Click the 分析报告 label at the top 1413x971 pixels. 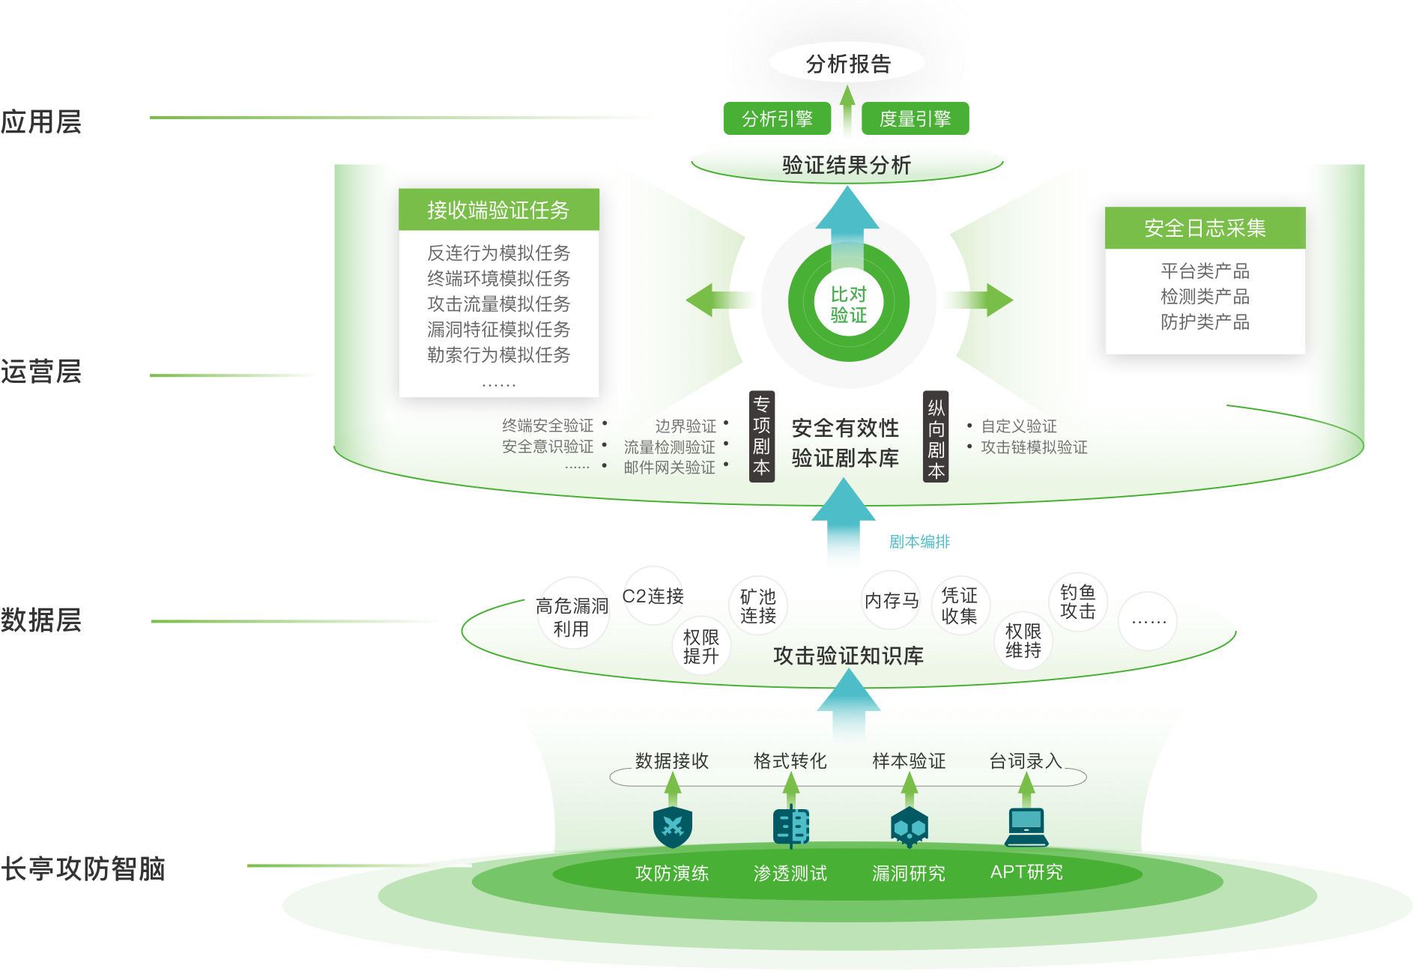coord(848,64)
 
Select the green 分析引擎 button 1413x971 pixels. coord(777,118)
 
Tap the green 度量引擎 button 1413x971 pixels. coord(915,118)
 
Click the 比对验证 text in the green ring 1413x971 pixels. coord(848,304)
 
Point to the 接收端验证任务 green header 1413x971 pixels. coord(499,209)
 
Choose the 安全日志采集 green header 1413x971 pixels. coord(1205,228)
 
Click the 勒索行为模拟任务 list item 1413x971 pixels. coord(499,354)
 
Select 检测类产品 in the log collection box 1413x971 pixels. coord(1205,297)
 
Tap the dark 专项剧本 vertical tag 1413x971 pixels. coord(762,436)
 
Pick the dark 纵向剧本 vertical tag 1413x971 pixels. coord(937,436)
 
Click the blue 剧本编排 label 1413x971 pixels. coord(919,542)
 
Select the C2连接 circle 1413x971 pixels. coord(653,596)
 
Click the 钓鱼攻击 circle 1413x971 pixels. coord(1078,602)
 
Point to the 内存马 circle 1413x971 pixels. coord(892,600)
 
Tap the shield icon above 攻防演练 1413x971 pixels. coord(673,827)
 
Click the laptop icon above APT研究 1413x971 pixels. coord(1026,827)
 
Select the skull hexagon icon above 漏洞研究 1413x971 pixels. coord(910,827)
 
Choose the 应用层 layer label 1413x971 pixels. coord(41,121)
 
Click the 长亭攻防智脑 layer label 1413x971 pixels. coord(82,868)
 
